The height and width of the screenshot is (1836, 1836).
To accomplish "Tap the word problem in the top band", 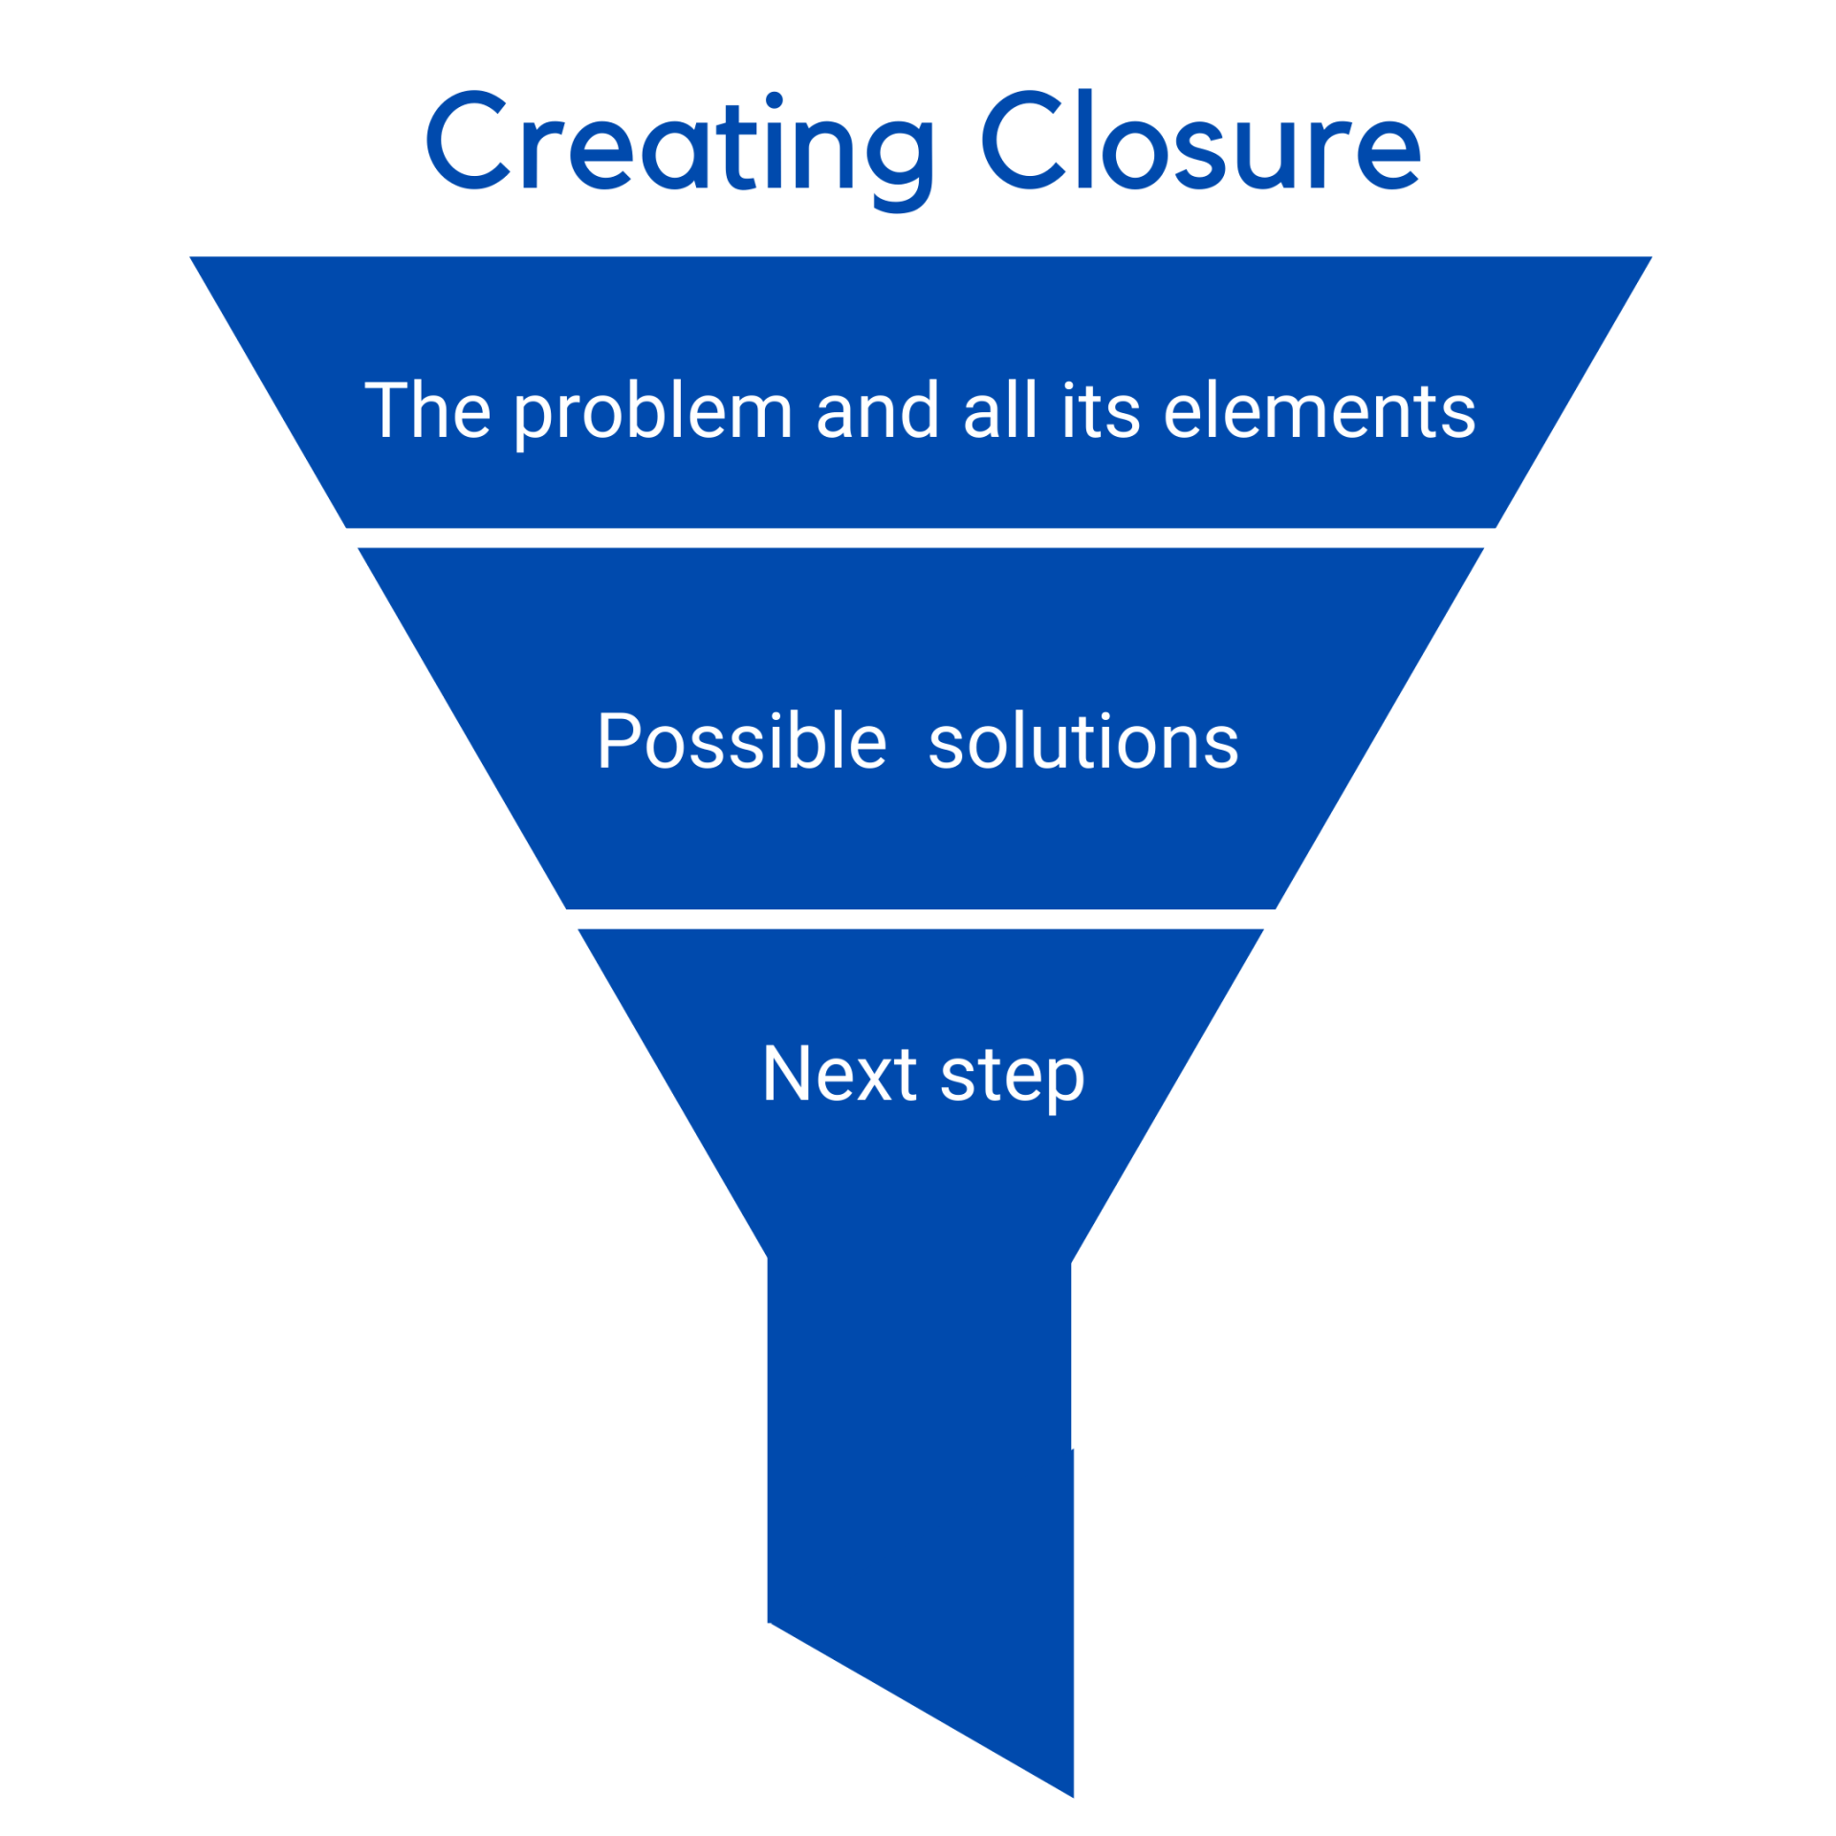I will pyautogui.click(x=653, y=412).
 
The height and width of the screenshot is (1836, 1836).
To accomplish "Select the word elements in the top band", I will pyautogui.click(x=1319, y=410).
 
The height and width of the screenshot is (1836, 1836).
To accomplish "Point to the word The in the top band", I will pyautogui.click(x=427, y=410).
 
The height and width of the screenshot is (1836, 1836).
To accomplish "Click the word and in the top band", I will pyautogui.click(x=877, y=410).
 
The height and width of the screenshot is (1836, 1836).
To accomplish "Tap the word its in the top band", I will pyautogui.click(x=1101, y=411).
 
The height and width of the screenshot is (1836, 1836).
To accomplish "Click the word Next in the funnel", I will pyautogui.click(x=840, y=1073).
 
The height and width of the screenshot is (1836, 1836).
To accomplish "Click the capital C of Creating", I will pyautogui.click(x=467, y=141).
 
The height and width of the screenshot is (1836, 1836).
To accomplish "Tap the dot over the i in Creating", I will pyautogui.click(x=774, y=100).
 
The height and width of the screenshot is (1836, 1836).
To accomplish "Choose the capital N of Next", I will pyautogui.click(x=788, y=1073).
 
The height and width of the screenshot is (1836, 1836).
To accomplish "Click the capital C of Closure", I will pyautogui.click(x=1021, y=141).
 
